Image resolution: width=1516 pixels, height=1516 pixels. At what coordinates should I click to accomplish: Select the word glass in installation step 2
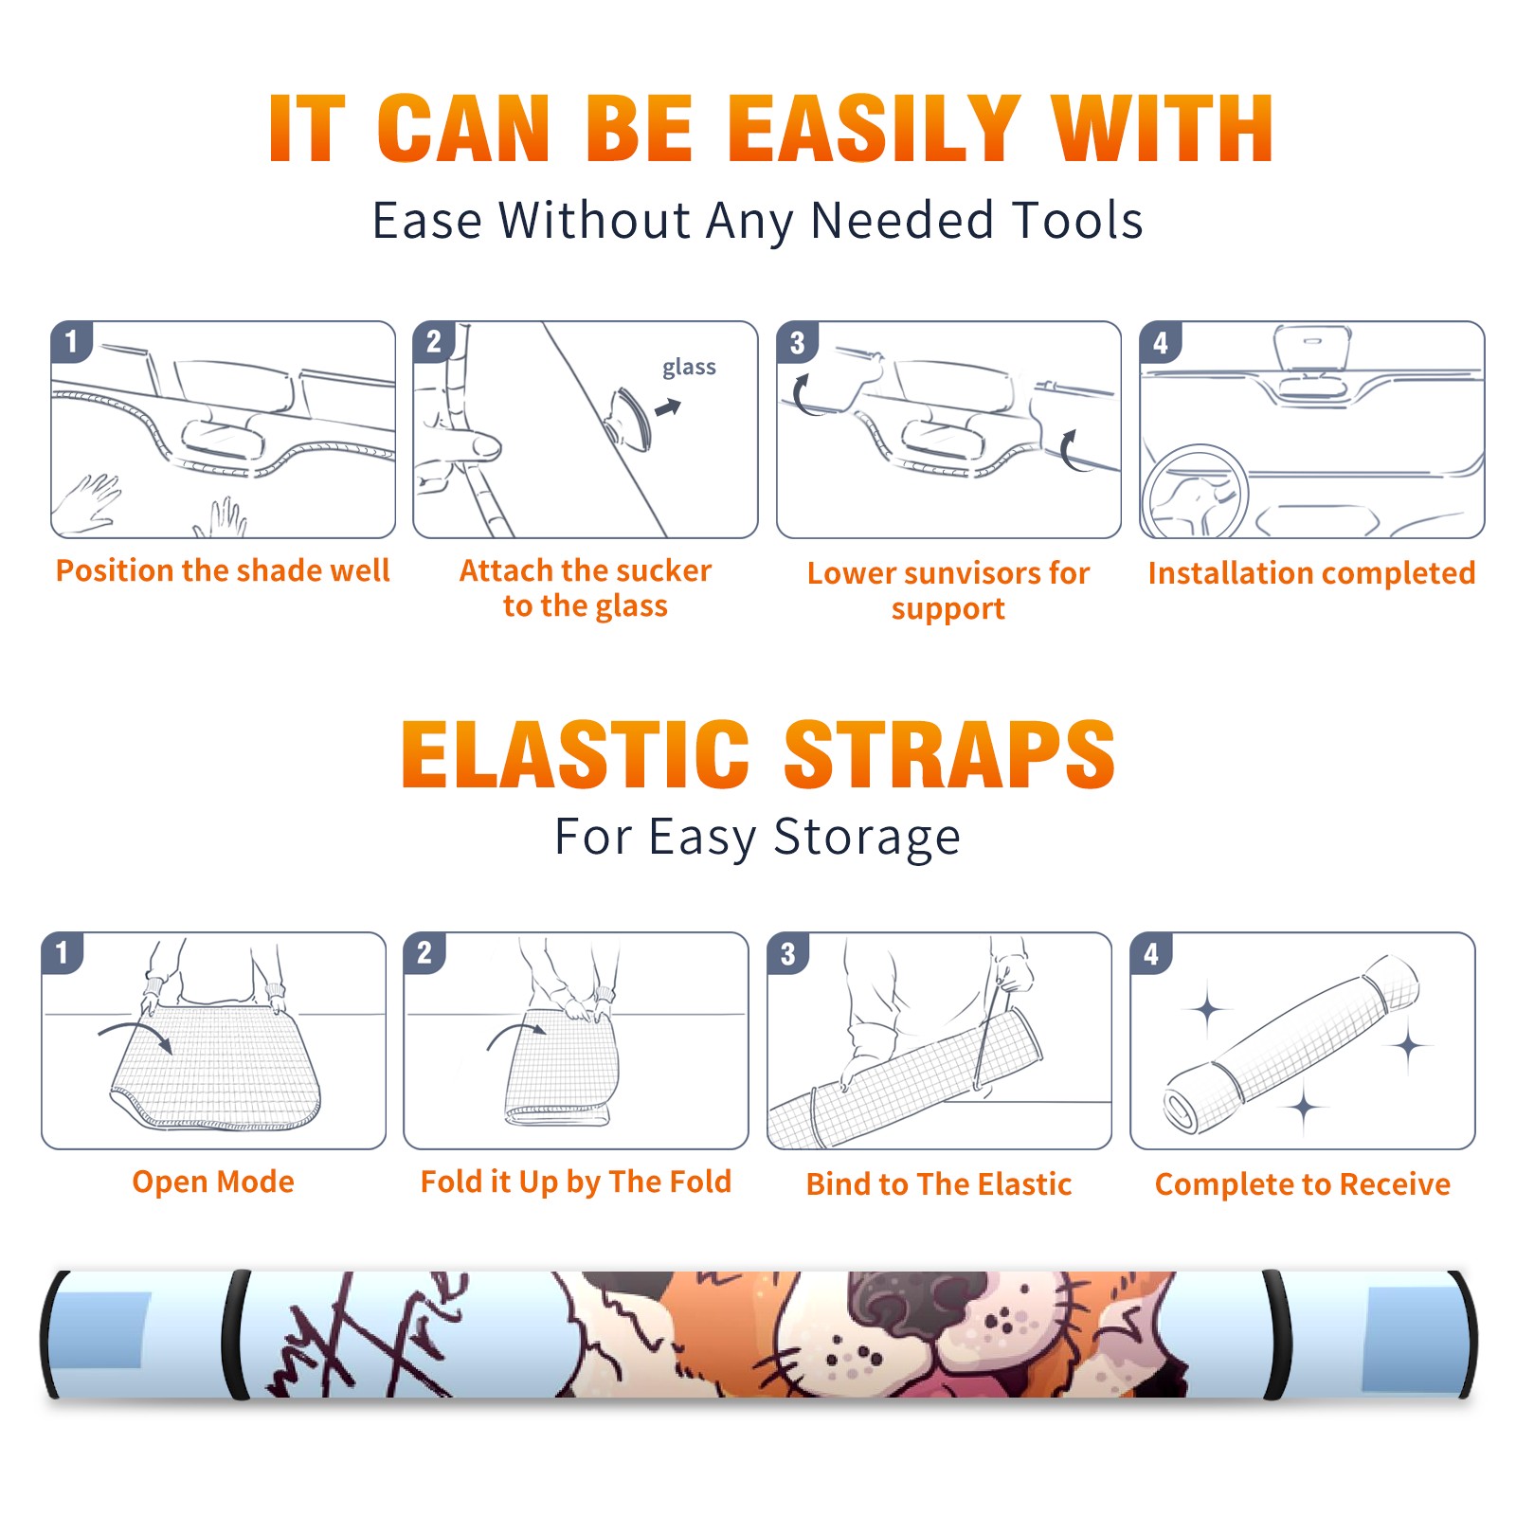[x=689, y=367]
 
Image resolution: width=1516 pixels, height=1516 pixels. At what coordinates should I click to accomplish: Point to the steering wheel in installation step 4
[x=1194, y=491]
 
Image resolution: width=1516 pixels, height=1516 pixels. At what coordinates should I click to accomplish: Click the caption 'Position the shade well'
[x=223, y=570]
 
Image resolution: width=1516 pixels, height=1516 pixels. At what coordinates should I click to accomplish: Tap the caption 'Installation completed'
[x=1311, y=572]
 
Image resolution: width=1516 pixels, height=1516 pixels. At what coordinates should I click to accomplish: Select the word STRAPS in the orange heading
[x=949, y=754]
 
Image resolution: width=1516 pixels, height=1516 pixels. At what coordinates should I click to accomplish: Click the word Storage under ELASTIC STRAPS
[x=867, y=838]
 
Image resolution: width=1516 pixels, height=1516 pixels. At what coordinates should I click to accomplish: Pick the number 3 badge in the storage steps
[x=788, y=954]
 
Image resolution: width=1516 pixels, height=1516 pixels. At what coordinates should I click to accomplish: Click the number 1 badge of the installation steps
[x=72, y=341]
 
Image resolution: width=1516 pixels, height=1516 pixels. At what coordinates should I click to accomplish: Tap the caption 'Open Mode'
[x=213, y=1182]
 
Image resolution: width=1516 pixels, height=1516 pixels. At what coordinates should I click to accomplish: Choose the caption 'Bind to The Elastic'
[x=939, y=1184]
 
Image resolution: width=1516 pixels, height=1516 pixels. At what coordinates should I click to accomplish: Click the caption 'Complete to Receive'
[x=1303, y=1184]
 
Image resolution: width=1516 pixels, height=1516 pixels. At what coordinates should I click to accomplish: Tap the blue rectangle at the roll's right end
[x=1412, y=1340]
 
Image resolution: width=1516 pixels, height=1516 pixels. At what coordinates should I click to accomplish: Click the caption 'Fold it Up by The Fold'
[x=576, y=1182]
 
